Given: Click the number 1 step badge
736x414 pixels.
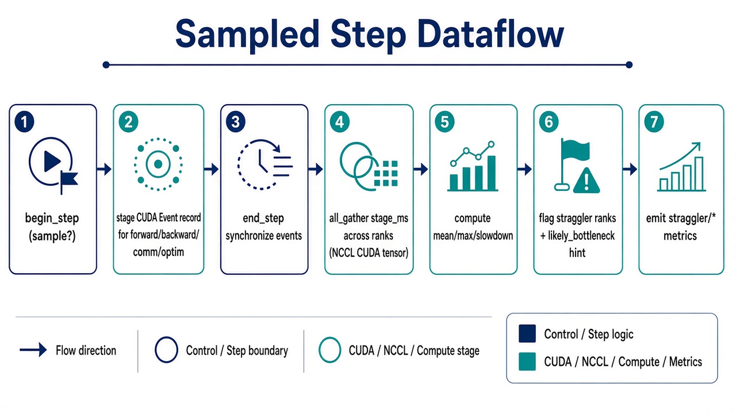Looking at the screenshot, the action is pos(24,121).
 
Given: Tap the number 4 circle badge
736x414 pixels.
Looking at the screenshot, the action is pos(339,122).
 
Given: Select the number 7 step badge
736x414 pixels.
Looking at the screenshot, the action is pos(654,122).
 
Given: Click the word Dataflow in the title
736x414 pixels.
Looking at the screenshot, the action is pos(491,34).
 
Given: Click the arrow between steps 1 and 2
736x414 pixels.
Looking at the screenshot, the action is pos(105,169).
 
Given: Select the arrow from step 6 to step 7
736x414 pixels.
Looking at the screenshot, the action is pos(630,169).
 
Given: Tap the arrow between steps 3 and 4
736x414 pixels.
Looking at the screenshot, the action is pos(316,169).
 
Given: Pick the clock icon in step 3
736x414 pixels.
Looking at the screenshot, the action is pos(259,164).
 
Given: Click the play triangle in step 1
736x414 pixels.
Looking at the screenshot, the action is pos(52,161).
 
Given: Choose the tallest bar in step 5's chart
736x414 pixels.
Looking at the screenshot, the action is pos(492,173).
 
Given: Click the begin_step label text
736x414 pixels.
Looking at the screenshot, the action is pos(52,218).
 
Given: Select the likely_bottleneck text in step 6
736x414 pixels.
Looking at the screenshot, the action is pos(581,236).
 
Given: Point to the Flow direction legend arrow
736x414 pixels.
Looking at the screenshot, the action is pos(33,350).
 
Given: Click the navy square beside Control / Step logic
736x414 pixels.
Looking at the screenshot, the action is pos(527,333).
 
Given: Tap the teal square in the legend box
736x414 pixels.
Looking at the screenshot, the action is pos(527,362).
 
